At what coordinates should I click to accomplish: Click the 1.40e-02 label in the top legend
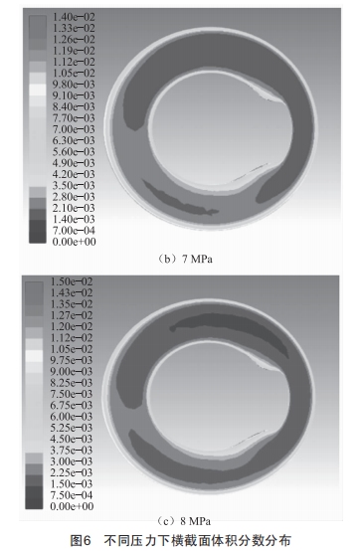pos(74,17)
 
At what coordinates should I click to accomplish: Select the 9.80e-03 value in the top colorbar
pos(74,85)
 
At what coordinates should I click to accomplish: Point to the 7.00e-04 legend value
pos(74,231)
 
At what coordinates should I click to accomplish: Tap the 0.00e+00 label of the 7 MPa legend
pos(75,242)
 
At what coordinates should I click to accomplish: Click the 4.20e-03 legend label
pos(74,174)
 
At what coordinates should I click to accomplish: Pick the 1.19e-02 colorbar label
pos(74,51)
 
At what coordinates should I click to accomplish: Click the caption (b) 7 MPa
pos(184,260)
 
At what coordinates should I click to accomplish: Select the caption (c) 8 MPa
pos(183,521)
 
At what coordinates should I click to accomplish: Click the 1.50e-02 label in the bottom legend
pos(72,281)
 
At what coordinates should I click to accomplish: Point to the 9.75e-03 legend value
pos(72,360)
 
